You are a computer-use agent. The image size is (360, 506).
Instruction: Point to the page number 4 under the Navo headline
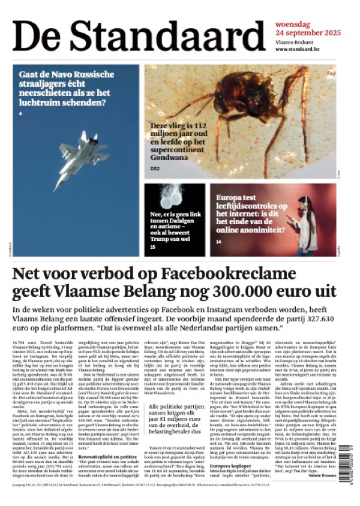(20, 113)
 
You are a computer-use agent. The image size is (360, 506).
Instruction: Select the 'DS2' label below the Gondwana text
(155, 168)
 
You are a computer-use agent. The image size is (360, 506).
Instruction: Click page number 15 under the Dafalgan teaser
(152, 246)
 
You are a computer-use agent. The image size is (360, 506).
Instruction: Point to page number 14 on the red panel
(218, 242)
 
